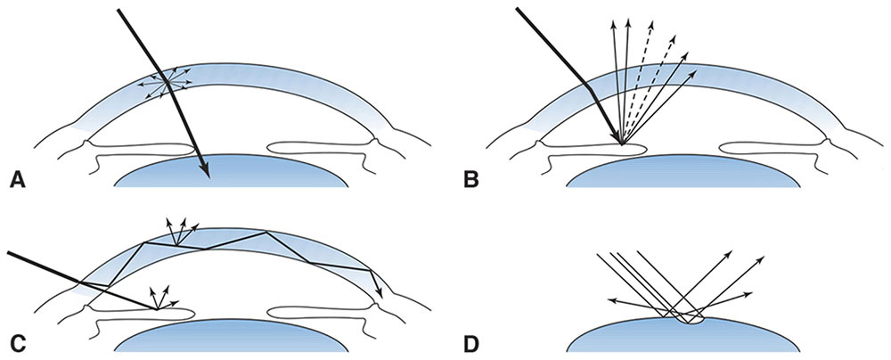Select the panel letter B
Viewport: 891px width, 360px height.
pyautogui.click(x=470, y=181)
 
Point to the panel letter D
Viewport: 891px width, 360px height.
pyautogui.click(x=470, y=341)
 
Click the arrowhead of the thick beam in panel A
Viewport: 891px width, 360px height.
pyautogui.click(x=205, y=171)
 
